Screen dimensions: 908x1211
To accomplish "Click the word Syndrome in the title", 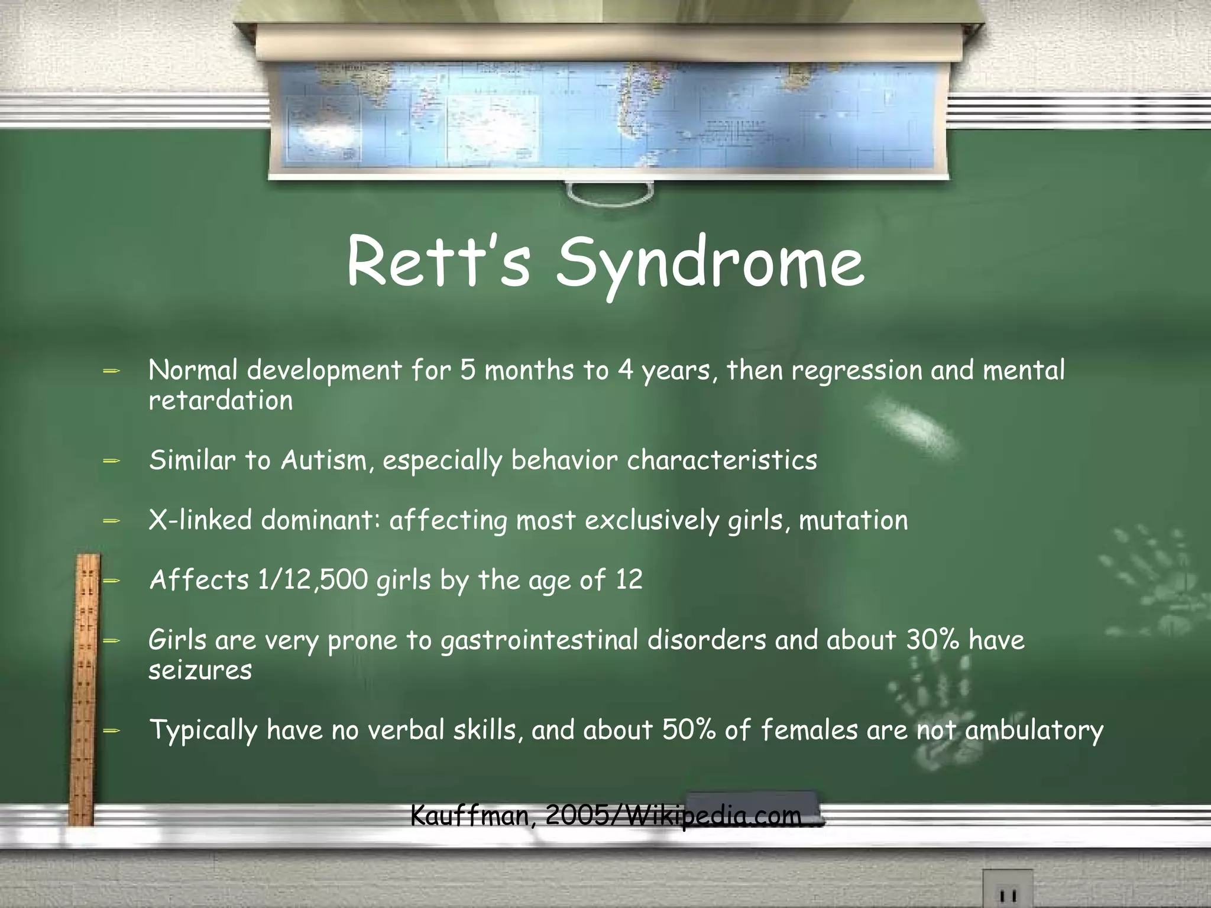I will (x=710, y=263).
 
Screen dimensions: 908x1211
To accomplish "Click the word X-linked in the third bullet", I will (x=200, y=520).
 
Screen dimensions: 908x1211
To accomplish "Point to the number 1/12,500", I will (x=313, y=580).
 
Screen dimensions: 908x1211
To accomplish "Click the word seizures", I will (x=200, y=670).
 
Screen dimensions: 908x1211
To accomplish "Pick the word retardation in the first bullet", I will (x=221, y=401).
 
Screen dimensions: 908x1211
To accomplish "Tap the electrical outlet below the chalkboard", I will (x=1008, y=890).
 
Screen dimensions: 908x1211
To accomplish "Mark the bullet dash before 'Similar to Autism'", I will (x=111, y=461).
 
